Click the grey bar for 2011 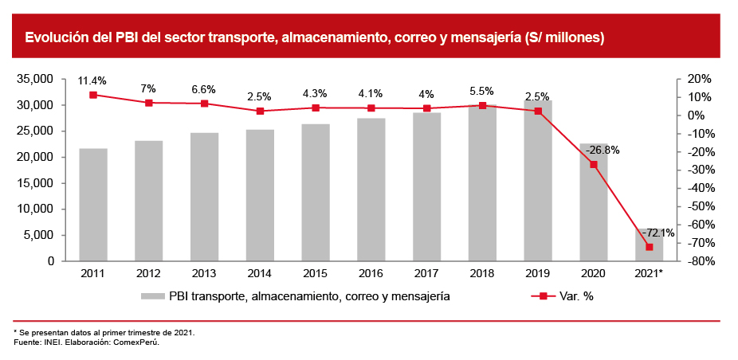coord(93,205)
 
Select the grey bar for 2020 coord(594,202)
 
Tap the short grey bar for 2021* coord(649,245)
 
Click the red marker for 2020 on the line coord(594,165)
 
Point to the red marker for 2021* coord(649,247)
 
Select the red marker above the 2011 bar coord(93,95)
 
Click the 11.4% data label coord(92,80)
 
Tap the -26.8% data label coord(602,150)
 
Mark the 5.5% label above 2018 coord(482,91)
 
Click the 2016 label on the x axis coord(371,273)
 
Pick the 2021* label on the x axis coord(650,273)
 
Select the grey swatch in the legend coord(153,296)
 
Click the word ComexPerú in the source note coord(130,342)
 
